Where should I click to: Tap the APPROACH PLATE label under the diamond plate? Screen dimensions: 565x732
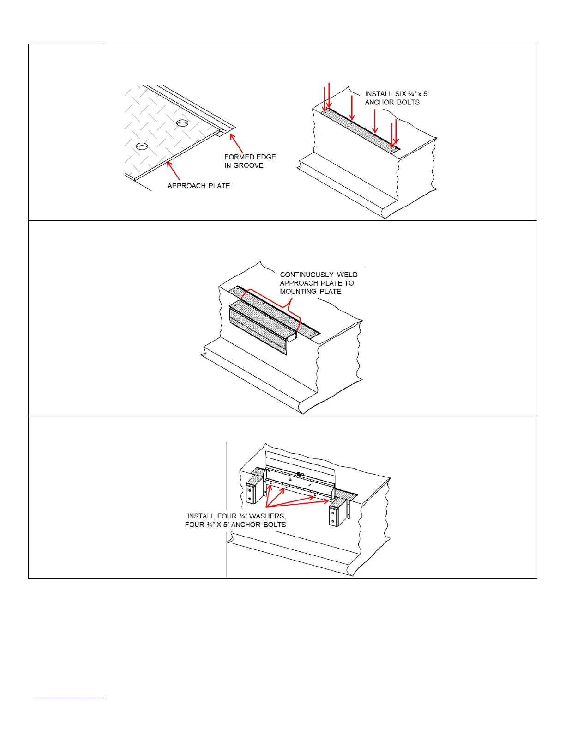(198, 186)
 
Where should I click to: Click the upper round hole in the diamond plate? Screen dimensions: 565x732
(182, 124)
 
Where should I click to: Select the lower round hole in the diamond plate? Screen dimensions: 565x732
(142, 146)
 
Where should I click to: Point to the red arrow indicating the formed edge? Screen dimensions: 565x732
(236, 143)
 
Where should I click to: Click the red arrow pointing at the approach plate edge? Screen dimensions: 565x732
(173, 171)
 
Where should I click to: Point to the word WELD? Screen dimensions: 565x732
(347, 275)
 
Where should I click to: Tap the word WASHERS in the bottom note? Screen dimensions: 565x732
(267, 516)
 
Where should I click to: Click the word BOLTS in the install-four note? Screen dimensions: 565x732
(275, 525)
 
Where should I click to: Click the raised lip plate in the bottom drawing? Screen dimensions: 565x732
(300, 463)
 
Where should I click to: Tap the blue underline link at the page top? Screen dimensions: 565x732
(70, 43)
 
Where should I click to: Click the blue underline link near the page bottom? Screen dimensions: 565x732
(70, 697)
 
